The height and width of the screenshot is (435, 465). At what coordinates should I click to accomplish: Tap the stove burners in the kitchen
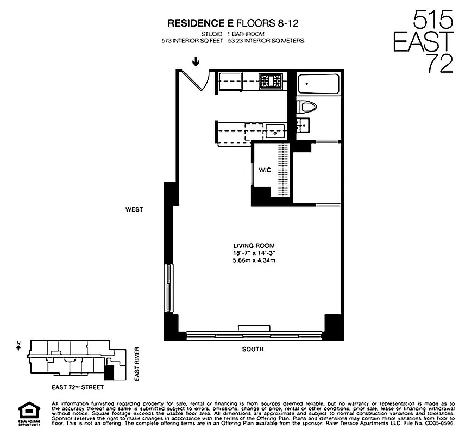[x=271, y=82]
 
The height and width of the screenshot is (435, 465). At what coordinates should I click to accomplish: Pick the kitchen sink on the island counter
[x=275, y=130]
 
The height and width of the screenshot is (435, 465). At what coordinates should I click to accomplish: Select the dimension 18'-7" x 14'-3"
[x=252, y=253]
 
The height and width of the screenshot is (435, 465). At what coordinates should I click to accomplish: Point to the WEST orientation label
[x=134, y=209]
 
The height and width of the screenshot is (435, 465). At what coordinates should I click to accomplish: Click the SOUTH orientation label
[x=253, y=349]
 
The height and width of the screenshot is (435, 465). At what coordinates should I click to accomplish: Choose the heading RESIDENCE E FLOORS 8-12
[x=230, y=23]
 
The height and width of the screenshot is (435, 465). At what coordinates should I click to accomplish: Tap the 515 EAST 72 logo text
[x=433, y=42]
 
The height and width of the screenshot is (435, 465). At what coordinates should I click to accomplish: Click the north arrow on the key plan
[x=18, y=346]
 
